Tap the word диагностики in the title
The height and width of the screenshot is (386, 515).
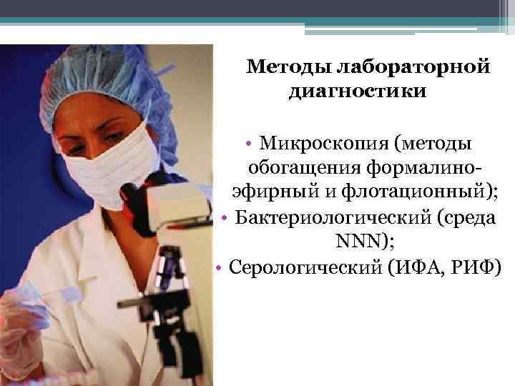(357, 92)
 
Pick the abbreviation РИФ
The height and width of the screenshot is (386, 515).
(477, 267)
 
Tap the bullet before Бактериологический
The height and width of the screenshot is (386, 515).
(225, 218)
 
